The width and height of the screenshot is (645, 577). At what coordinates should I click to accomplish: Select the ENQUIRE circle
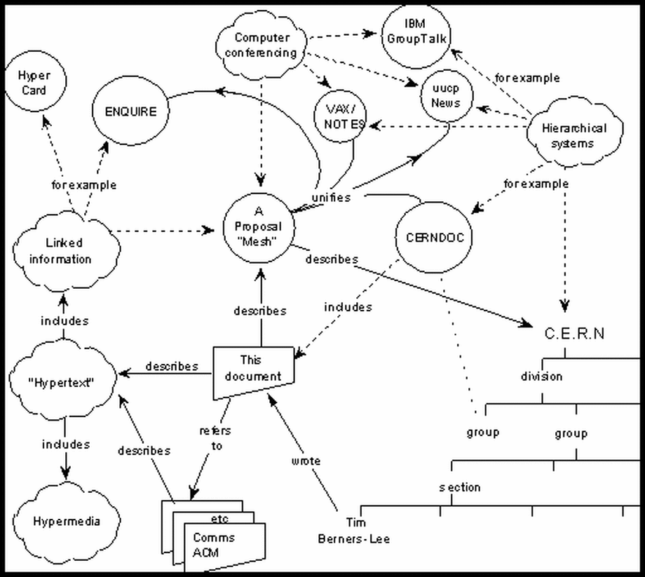132,111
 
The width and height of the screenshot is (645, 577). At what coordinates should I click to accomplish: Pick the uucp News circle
446,96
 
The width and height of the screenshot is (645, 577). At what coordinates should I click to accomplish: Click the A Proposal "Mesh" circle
257,227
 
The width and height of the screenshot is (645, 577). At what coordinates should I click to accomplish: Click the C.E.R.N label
574,334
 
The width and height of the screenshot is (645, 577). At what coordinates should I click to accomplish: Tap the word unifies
330,198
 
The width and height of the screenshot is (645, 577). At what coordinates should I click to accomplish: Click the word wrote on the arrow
306,461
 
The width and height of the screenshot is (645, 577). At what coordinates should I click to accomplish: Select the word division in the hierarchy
541,376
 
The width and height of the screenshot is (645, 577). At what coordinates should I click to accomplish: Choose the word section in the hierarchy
460,487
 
